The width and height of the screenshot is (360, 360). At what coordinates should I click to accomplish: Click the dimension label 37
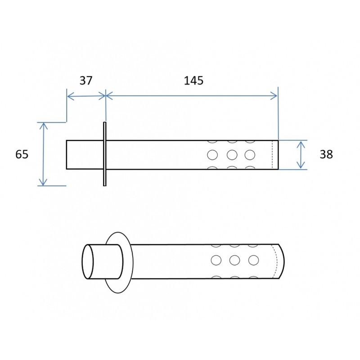pos(85,81)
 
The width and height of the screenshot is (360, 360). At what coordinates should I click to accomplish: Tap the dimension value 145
pos(193,81)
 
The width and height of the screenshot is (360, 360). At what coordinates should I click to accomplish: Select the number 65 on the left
pos(22,154)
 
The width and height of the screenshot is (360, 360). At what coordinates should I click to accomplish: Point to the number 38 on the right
pos(326,154)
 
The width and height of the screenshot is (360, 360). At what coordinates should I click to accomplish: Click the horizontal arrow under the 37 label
pos(86,95)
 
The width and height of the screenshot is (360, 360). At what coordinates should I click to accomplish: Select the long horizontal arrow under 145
pos(192,95)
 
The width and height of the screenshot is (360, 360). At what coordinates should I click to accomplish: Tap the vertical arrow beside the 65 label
pos(43,154)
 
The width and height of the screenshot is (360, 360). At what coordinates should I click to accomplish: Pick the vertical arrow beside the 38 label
pos(300,154)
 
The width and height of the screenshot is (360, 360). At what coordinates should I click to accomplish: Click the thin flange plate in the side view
pos(104,153)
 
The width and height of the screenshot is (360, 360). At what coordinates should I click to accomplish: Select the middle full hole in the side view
pos(232,155)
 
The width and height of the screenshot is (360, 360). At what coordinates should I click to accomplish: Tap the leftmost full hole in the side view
pos(212,155)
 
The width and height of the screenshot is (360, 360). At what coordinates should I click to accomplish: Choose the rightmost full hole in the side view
pos(250,155)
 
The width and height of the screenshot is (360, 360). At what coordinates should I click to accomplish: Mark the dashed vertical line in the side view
pos(273,155)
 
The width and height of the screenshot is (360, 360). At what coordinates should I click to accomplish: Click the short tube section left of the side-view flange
pos(85,154)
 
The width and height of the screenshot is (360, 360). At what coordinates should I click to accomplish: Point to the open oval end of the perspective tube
pos(87,262)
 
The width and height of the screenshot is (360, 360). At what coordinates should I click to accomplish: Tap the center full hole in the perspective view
pos(234,260)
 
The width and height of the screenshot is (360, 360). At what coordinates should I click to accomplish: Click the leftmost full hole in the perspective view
pos(216,260)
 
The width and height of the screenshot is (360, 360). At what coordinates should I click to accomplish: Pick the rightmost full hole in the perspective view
pos(253,260)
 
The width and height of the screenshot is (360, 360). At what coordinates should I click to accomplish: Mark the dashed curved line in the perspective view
pos(275,261)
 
